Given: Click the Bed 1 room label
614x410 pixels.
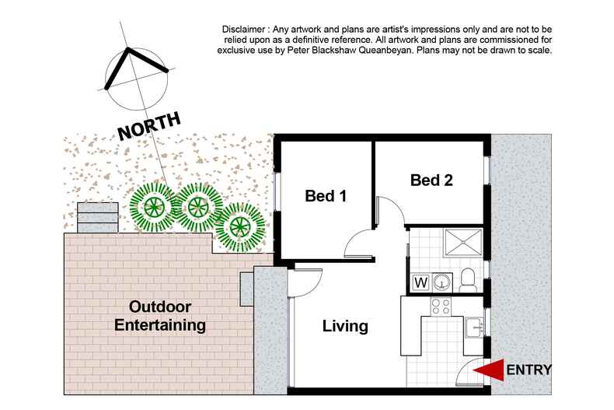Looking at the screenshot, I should coord(325,197).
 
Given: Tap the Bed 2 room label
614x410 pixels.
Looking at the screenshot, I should coord(431,180).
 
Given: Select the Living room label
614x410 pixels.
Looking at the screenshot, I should coord(345,326).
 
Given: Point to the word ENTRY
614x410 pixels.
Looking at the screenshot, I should coord(529,370).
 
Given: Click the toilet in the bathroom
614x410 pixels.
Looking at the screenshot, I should coord(467,279).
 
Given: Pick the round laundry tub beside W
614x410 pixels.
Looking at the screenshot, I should coord(444,281).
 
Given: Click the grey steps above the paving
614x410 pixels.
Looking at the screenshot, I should coord(97,217).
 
